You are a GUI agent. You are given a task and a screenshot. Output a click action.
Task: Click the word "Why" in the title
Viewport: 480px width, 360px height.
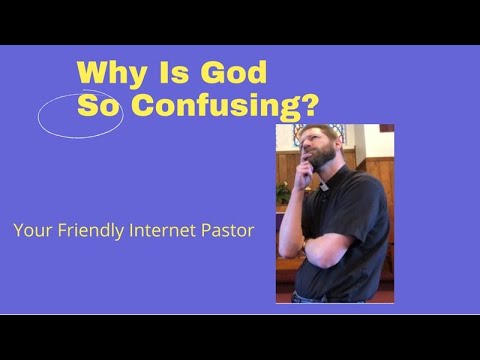(x=107, y=73)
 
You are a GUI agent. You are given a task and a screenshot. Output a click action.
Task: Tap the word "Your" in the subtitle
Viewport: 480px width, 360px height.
(x=30, y=231)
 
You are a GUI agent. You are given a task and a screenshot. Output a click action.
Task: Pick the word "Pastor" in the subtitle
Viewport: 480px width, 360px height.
(x=227, y=230)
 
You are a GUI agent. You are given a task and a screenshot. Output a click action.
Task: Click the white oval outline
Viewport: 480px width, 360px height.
(x=80, y=114)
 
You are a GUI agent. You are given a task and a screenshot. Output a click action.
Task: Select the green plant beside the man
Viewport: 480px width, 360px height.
(x=283, y=192)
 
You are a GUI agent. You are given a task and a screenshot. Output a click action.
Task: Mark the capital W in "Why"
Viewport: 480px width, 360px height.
(x=92, y=73)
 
